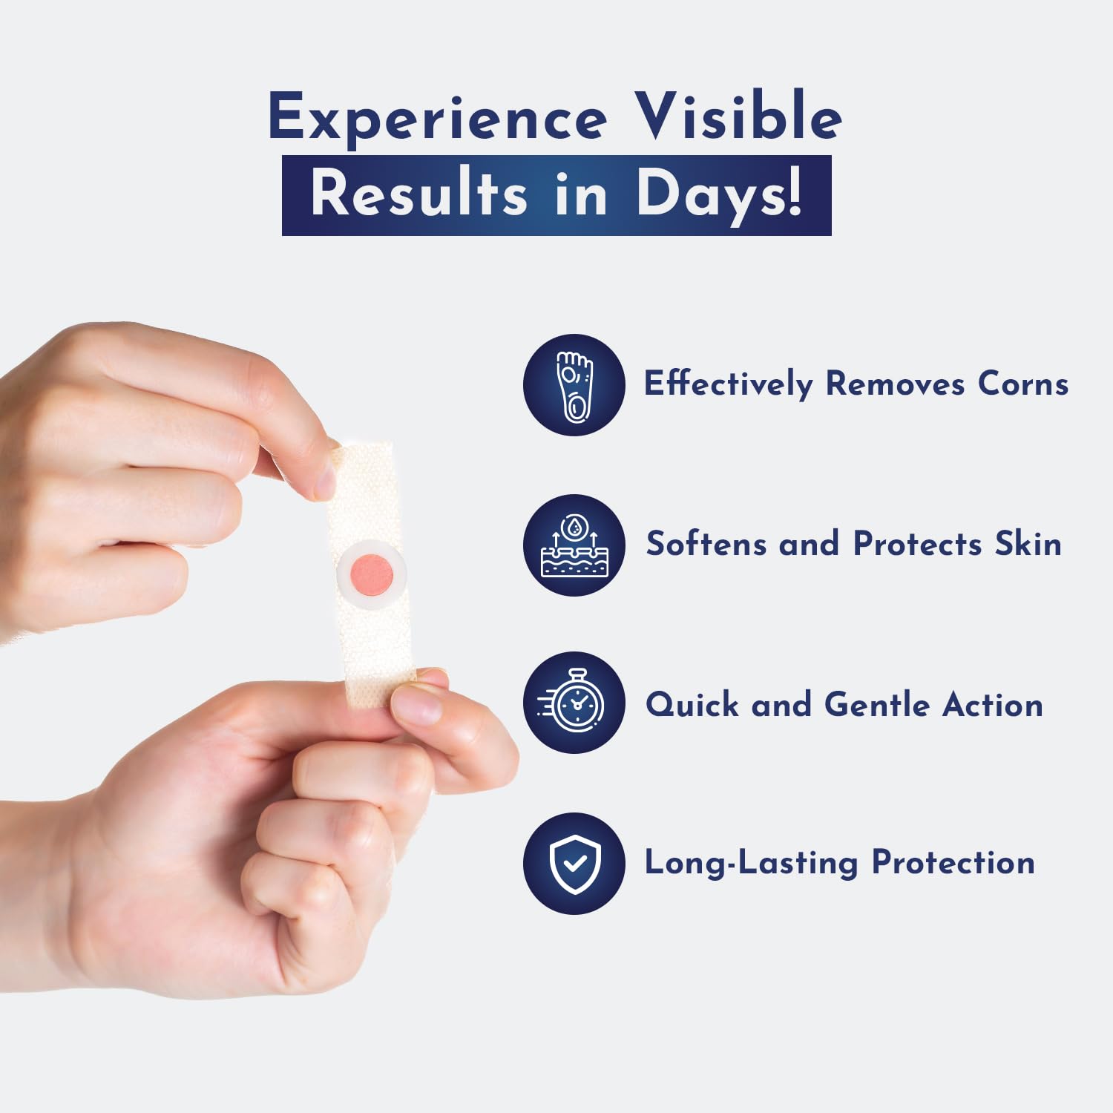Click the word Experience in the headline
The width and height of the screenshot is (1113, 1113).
click(438, 119)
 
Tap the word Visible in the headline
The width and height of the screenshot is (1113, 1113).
click(740, 117)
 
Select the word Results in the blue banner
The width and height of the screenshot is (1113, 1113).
click(418, 195)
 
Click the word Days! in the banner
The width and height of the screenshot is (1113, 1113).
click(719, 195)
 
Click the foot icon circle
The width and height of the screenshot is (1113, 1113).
click(574, 385)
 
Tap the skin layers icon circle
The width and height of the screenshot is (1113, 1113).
click(574, 545)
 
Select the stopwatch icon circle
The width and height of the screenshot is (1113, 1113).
click(574, 703)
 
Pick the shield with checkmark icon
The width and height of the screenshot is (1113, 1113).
click(574, 863)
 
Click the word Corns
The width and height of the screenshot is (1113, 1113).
click(1022, 384)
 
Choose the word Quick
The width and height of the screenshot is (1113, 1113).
click(692, 705)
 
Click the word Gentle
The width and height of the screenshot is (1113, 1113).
click(876, 705)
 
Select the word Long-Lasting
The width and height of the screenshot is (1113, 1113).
click(751, 864)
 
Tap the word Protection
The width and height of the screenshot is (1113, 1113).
click(953, 863)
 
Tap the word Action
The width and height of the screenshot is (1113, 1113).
click(993, 705)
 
